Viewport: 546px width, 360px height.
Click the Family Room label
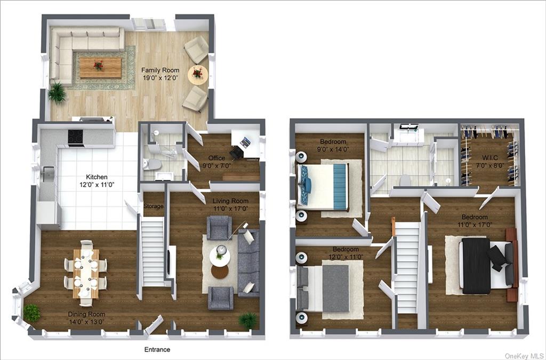pos(160,70)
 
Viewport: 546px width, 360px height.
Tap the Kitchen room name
pos(97,177)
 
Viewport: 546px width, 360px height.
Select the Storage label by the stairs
pos(153,206)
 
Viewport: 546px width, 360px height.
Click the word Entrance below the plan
pos(157,349)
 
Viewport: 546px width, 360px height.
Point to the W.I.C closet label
pos(489,158)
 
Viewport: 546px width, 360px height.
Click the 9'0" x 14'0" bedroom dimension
pos(333,149)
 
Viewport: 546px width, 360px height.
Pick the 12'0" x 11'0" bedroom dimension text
pos(346,257)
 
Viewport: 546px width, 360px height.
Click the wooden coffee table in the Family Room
pos(100,68)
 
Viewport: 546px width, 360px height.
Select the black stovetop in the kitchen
pos(76,137)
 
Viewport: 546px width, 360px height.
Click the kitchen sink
pos(48,174)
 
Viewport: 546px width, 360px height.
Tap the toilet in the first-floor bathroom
pos(152,164)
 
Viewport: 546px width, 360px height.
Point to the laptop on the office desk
pos(246,142)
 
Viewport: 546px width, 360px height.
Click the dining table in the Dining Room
pos(86,273)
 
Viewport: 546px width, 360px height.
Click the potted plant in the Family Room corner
pos(58,92)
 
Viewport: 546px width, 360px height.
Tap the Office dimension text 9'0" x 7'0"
pos(216,166)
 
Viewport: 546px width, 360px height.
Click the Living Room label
pos(230,201)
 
